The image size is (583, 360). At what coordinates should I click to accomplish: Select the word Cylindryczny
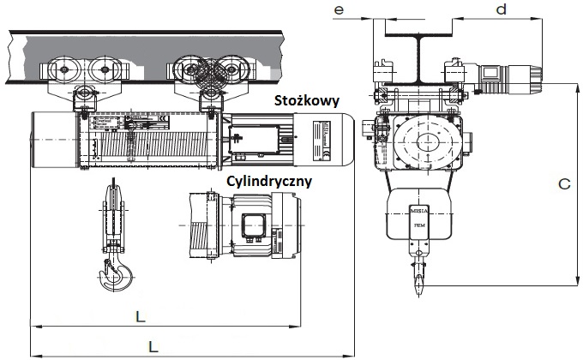pos(268,182)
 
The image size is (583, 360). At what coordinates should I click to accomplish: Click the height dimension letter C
pos(563,183)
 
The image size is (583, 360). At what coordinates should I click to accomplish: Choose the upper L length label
pos(140,316)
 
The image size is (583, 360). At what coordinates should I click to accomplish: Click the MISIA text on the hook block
pos(419,209)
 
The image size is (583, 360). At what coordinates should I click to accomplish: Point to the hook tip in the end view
pos(419,283)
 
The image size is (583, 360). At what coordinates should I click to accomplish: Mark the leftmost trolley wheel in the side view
pos(62,70)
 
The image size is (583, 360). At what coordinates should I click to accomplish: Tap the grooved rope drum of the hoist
pos(171,141)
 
